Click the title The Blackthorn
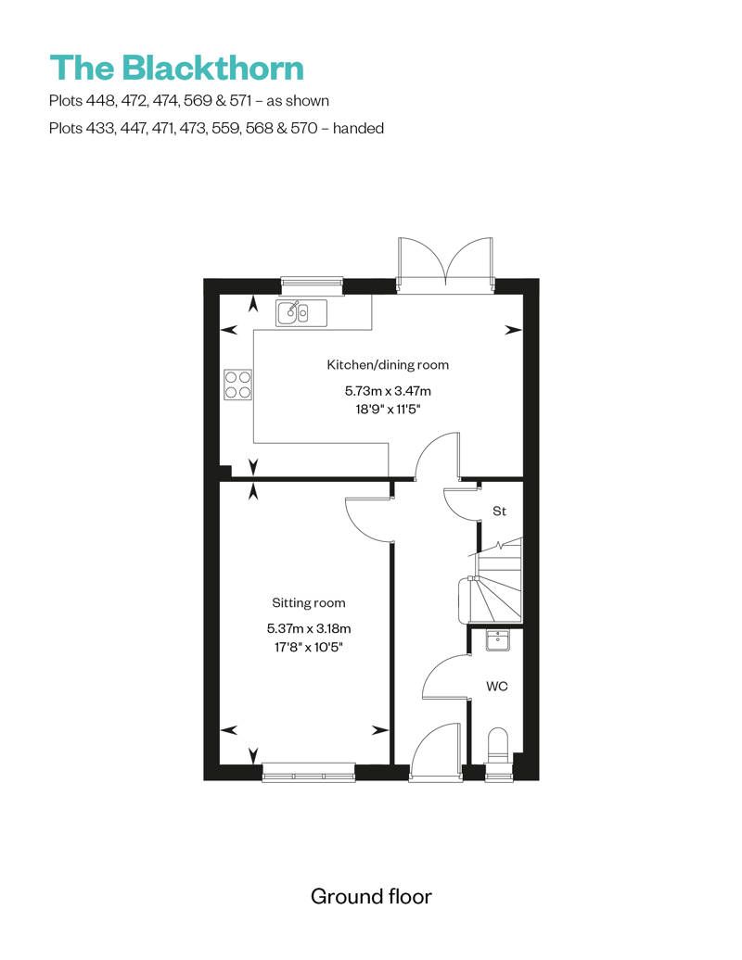(x=176, y=68)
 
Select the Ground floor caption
(x=371, y=896)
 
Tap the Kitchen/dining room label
(x=388, y=364)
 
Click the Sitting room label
(x=309, y=603)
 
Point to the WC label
(x=496, y=687)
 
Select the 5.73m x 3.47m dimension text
(x=388, y=391)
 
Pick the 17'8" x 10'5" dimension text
(x=309, y=648)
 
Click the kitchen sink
(x=301, y=313)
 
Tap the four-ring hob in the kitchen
(x=237, y=384)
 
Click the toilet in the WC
(x=499, y=745)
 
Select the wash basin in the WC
(x=499, y=639)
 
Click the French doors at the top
(x=446, y=264)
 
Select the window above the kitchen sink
(x=312, y=282)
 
